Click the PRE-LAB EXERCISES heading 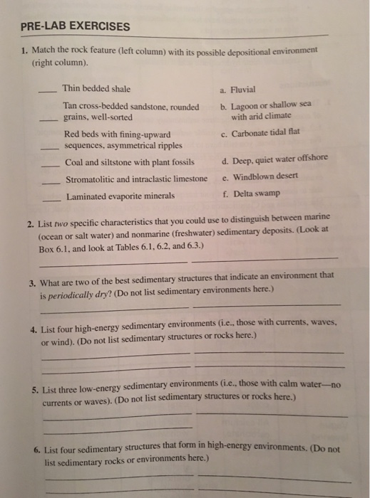click(76, 27)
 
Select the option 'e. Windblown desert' click(260, 176)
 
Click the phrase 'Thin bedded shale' click(96, 89)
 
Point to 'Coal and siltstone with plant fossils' click(129, 161)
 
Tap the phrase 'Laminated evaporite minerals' click(120, 196)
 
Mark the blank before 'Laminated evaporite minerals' click(51, 198)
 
